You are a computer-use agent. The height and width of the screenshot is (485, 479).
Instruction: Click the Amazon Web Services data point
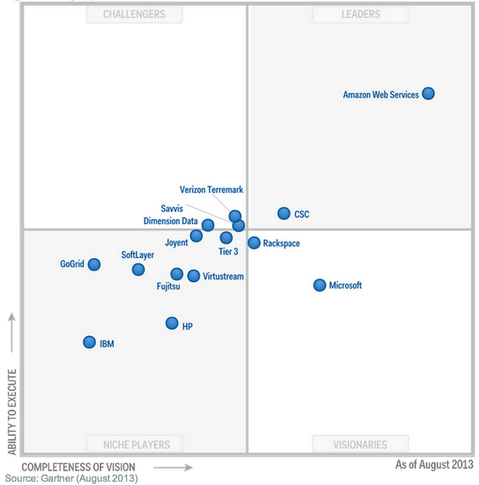428,94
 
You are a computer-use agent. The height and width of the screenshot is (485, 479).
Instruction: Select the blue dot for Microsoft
319,285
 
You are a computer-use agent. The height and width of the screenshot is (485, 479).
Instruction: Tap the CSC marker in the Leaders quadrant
284,213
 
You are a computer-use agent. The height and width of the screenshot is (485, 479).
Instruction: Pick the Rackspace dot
254,242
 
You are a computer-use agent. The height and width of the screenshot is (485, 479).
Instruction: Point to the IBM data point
89,342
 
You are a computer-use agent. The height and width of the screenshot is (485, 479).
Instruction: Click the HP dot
172,323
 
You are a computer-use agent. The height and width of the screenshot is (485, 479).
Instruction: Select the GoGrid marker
94,264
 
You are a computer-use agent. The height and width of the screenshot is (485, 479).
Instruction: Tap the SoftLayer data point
138,269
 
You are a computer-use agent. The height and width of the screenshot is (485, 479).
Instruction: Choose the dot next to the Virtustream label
193,276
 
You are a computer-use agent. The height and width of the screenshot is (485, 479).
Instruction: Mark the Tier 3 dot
226,237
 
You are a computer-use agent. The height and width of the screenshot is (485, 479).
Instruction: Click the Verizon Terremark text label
211,190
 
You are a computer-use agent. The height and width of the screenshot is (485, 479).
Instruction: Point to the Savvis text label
172,209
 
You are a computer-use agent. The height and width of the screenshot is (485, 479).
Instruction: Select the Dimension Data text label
170,221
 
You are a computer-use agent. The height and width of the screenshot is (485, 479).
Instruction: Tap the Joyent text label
176,242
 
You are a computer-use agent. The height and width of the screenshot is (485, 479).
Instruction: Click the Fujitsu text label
168,286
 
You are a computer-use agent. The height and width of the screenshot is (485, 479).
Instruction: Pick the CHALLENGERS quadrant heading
134,14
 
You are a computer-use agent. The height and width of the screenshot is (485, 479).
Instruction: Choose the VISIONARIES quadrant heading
360,445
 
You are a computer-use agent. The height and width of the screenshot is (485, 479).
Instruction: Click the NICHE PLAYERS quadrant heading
136,445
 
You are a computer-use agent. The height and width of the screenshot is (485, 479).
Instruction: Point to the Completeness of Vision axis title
78,467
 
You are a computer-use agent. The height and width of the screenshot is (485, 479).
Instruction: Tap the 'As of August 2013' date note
434,465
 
